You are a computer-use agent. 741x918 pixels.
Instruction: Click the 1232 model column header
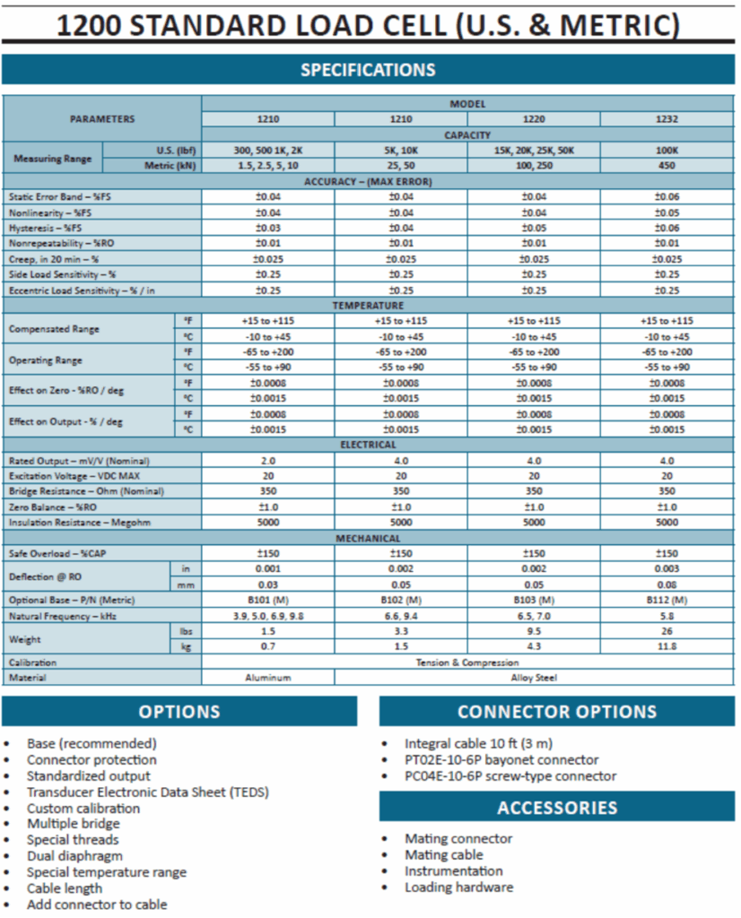pyautogui.click(x=667, y=119)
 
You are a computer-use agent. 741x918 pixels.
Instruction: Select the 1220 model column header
pyautogui.click(x=534, y=119)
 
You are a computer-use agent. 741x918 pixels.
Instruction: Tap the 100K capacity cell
pyautogui.click(x=667, y=151)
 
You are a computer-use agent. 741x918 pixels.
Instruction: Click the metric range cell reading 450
pyautogui.click(x=667, y=166)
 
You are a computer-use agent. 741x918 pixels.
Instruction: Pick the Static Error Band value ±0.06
pyautogui.click(x=667, y=196)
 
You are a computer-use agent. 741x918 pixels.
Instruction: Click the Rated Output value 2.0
pyautogui.click(x=267, y=460)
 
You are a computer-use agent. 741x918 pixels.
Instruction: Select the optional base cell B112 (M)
pyautogui.click(x=667, y=600)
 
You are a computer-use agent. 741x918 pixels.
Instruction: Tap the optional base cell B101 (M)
pyautogui.click(x=267, y=600)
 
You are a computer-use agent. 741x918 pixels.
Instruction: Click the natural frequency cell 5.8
pyautogui.click(x=667, y=616)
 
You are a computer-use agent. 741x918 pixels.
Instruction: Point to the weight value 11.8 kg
pyautogui.click(x=667, y=646)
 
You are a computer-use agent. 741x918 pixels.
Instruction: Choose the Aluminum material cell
pyautogui.click(x=267, y=678)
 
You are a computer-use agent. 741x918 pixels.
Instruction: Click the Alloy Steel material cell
pyautogui.click(x=534, y=678)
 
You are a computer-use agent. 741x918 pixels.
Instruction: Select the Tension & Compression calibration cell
pyautogui.click(x=467, y=663)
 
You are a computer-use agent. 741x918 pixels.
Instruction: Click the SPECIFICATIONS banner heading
pyautogui.click(x=368, y=70)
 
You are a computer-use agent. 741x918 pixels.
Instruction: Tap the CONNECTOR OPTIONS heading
pyautogui.click(x=556, y=712)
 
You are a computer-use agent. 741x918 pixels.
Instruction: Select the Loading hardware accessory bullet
pyautogui.click(x=458, y=888)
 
